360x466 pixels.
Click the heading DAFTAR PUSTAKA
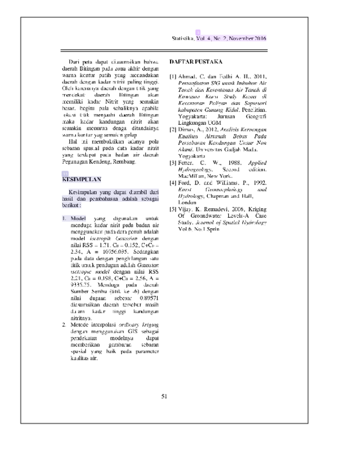[196, 61]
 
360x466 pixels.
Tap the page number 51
[164, 396]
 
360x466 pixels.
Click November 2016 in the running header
[248, 38]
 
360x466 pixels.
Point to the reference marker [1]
[173, 76]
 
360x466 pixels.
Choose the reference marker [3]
[173, 163]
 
